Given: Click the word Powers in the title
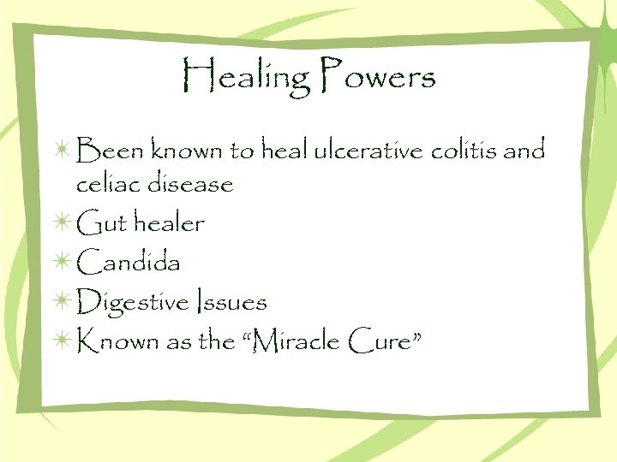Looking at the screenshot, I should pos(378,77).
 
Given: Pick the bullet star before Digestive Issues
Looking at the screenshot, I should pos(63,302).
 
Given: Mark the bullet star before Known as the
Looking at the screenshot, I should pos(63,341).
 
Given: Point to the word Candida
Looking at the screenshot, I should pos(129,263).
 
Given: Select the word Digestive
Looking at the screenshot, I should pos(134,302).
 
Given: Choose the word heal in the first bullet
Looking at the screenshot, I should pos(283,151).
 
